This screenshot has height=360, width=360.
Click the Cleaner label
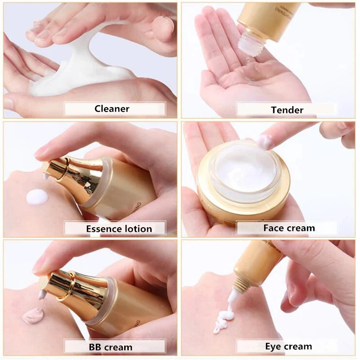click(112, 108)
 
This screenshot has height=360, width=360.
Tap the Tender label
click(287, 110)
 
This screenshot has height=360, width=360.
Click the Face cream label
click(289, 228)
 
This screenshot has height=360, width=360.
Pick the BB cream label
click(110, 347)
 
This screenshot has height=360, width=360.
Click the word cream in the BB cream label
click(118, 347)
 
